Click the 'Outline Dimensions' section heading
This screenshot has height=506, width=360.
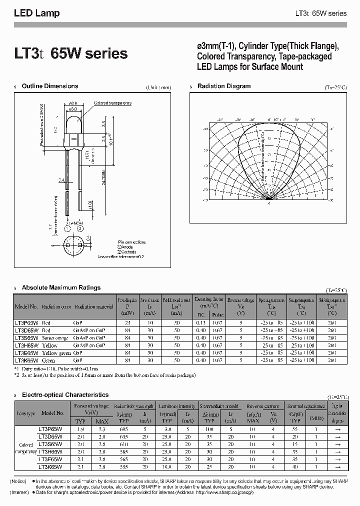pyautogui.click(x=50, y=86)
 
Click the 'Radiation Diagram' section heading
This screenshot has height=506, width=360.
pyautogui.click(x=224, y=86)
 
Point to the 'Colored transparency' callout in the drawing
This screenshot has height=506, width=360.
pyautogui.click(x=113, y=103)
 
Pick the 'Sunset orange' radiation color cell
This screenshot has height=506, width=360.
pyautogui.click(x=56, y=338)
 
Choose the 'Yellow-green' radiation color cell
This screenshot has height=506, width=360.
pyautogui.click(x=56, y=352)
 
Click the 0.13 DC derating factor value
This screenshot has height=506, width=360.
pyautogui.click(x=201, y=323)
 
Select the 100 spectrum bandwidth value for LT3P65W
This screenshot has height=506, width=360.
pyautogui.click(x=209, y=429)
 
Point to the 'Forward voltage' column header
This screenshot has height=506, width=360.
pyautogui.click(x=90, y=406)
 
